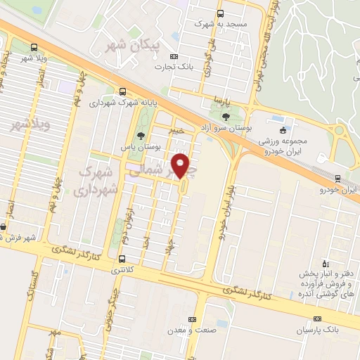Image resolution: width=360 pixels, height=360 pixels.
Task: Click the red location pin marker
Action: [x=181, y=166]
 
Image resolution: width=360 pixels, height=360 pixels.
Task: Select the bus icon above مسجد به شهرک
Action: [x=221, y=13]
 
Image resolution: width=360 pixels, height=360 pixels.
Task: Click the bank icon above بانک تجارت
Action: [x=174, y=56]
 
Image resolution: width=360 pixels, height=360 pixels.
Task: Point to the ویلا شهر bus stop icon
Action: [x=34, y=47]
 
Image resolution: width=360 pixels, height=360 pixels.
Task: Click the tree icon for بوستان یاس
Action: [x=141, y=136]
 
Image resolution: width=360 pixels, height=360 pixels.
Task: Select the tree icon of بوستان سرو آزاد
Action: [x=225, y=117]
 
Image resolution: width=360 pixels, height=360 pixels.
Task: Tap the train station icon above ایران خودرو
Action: [x=337, y=179]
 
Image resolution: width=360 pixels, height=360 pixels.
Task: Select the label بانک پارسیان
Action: [x=302, y=330]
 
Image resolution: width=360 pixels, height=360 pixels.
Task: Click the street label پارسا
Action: [x=223, y=99]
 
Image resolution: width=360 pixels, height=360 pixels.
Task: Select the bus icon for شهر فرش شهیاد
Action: [x=3, y=226]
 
